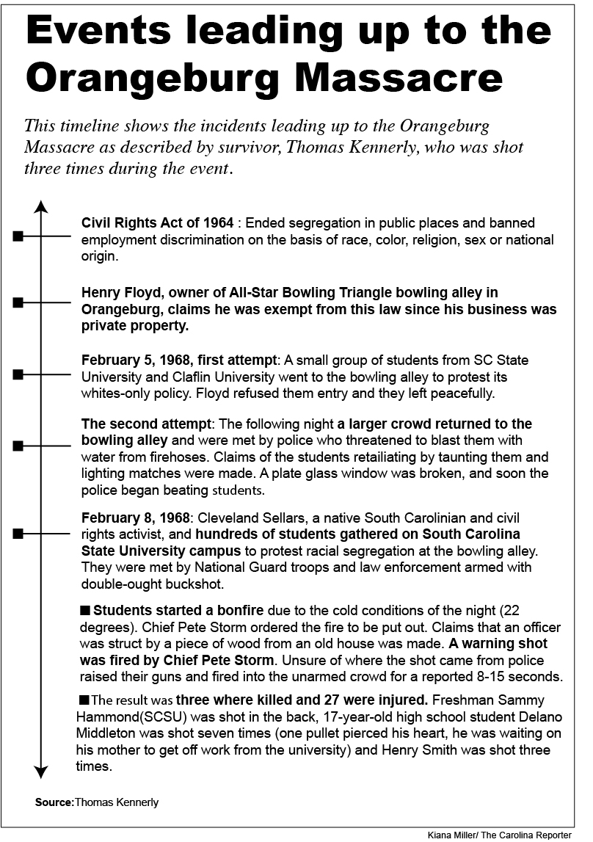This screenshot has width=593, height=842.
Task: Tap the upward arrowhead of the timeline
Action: pyautogui.click(x=42, y=206)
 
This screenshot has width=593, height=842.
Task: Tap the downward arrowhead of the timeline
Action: pyautogui.click(x=42, y=772)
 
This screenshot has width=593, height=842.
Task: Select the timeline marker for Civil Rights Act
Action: pyautogui.click(x=19, y=236)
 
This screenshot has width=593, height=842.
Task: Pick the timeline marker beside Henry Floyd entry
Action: pyautogui.click(x=19, y=302)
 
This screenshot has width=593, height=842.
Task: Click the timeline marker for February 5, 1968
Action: pyautogui.click(x=19, y=375)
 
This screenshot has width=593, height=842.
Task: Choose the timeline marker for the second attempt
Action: pyautogui.click(x=19, y=446)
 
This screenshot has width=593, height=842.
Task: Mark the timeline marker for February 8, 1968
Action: pyautogui.click(x=19, y=534)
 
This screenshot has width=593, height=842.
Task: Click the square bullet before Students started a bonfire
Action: pyautogui.click(x=85, y=610)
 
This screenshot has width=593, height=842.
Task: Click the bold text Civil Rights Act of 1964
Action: pyautogui.click(x=157, y=222)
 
